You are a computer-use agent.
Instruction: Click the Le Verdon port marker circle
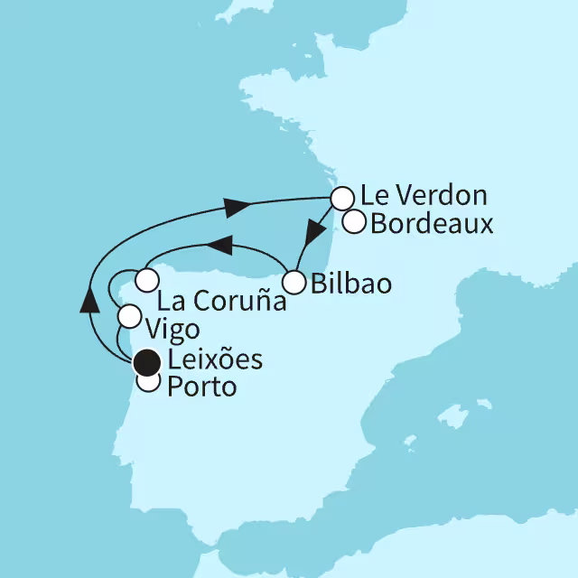[x=341, y=198]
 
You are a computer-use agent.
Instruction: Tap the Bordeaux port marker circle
[x=353, y=221]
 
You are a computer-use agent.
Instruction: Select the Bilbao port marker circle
[x=294, y=283]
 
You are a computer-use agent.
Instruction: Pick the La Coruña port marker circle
[x=147, y=279]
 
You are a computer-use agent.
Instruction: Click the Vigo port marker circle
[x=129, y=316]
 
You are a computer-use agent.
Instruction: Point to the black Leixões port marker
[x=144, y=363]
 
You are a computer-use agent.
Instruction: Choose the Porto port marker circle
[x=147, y=383]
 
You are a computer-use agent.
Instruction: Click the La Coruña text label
[x=221, y=302]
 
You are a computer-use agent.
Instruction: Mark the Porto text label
[x=200, y=388]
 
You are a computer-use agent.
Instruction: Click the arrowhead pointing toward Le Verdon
[x=237, y=208]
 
